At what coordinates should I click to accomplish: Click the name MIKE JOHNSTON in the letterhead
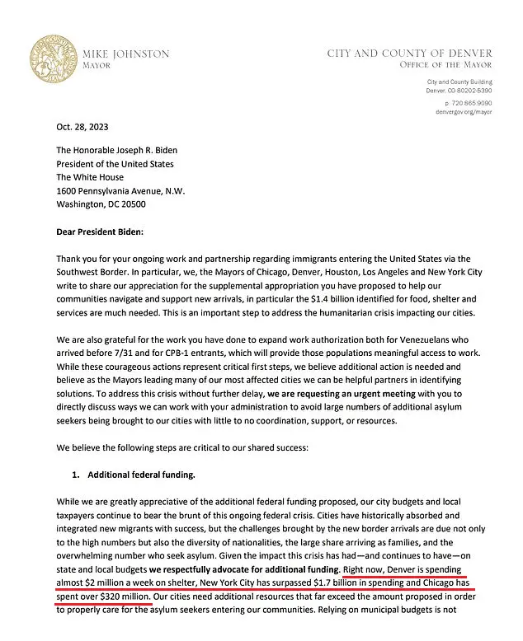[126, 54]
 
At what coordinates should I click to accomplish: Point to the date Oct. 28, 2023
[82, 128]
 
